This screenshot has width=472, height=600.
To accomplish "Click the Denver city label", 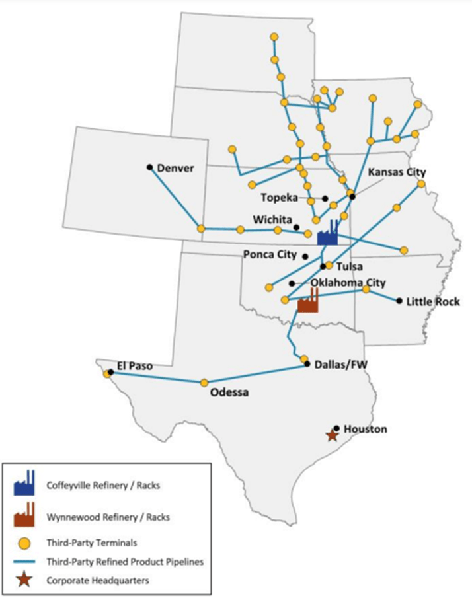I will coord(176,168).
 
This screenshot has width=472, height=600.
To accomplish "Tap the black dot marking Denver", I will coord(150,167).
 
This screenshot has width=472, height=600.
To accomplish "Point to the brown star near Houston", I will coord(332,435).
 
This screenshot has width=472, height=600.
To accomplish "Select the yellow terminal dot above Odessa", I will coord(204,382).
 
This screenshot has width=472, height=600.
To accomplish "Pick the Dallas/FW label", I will coord(337,363).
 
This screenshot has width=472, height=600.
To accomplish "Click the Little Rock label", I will coord(433,301).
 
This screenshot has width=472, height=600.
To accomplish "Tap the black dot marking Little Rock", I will coord(399,301).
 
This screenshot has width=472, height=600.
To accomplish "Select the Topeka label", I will coord(281,198).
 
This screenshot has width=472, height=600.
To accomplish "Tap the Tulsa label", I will coord(350,267).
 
